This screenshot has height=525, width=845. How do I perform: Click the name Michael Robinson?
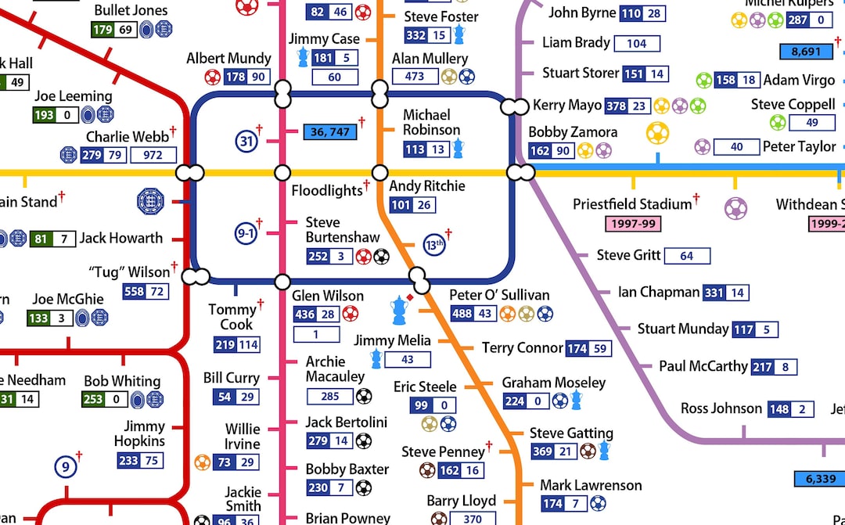431,122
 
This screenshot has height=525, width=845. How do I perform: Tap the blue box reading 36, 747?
329,132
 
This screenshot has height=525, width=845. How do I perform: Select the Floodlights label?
327,190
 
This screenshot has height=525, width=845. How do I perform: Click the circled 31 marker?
246,142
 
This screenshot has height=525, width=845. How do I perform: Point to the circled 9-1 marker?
246,233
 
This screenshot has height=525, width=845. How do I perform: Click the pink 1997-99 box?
633,224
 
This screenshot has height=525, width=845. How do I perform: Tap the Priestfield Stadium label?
632,204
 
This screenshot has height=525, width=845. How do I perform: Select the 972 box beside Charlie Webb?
153,155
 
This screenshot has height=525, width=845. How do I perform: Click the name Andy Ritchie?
427,186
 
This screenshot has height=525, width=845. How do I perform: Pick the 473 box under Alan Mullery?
415,77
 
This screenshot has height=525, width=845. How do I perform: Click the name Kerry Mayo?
567,105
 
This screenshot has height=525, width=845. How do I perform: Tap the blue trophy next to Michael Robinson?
458,148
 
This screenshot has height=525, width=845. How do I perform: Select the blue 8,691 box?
806,52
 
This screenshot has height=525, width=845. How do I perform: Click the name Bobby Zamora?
573,132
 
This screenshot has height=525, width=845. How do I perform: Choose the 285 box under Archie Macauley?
329,397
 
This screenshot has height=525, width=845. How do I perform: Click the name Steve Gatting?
571,433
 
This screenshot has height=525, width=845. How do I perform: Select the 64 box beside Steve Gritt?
686,256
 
